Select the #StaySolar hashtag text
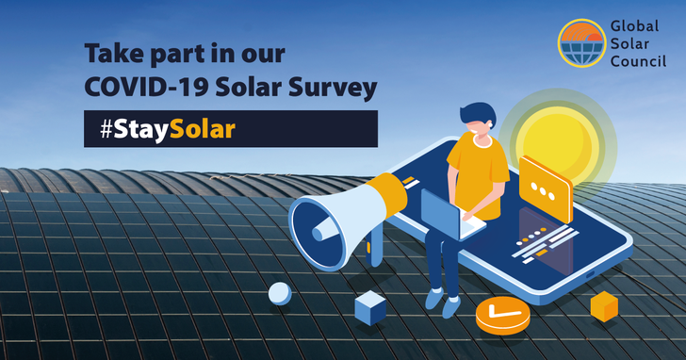pos(167,129)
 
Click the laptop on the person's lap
pos(447,216)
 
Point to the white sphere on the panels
pos(280,293)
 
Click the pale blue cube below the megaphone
pos(369,307)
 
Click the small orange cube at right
pos(603,305)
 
